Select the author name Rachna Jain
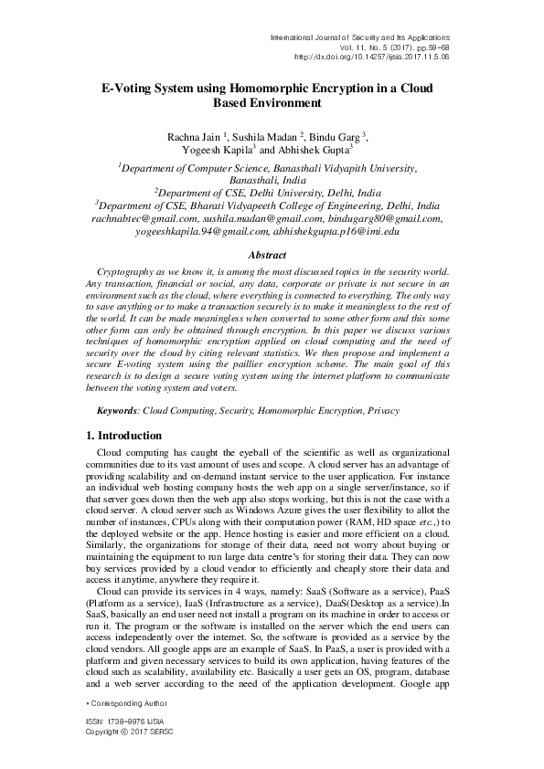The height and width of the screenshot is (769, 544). [194, 137]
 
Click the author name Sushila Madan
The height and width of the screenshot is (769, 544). [265, 137]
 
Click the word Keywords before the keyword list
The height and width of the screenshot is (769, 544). [117, 411]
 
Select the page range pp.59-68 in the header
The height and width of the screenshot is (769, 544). [425, 46]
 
